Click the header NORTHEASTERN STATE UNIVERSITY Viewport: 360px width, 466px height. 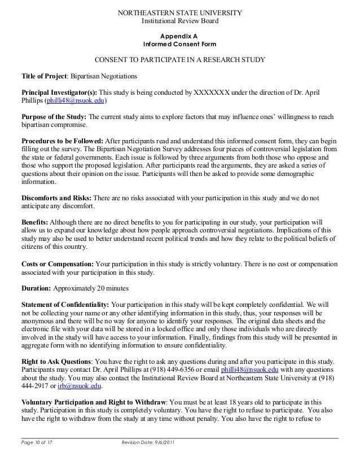pos(179,13)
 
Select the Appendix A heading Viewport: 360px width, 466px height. pos(179,35)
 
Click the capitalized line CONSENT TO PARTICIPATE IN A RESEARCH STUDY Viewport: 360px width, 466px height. pos(179,60)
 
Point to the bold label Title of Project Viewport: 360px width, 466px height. pos(44,76)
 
